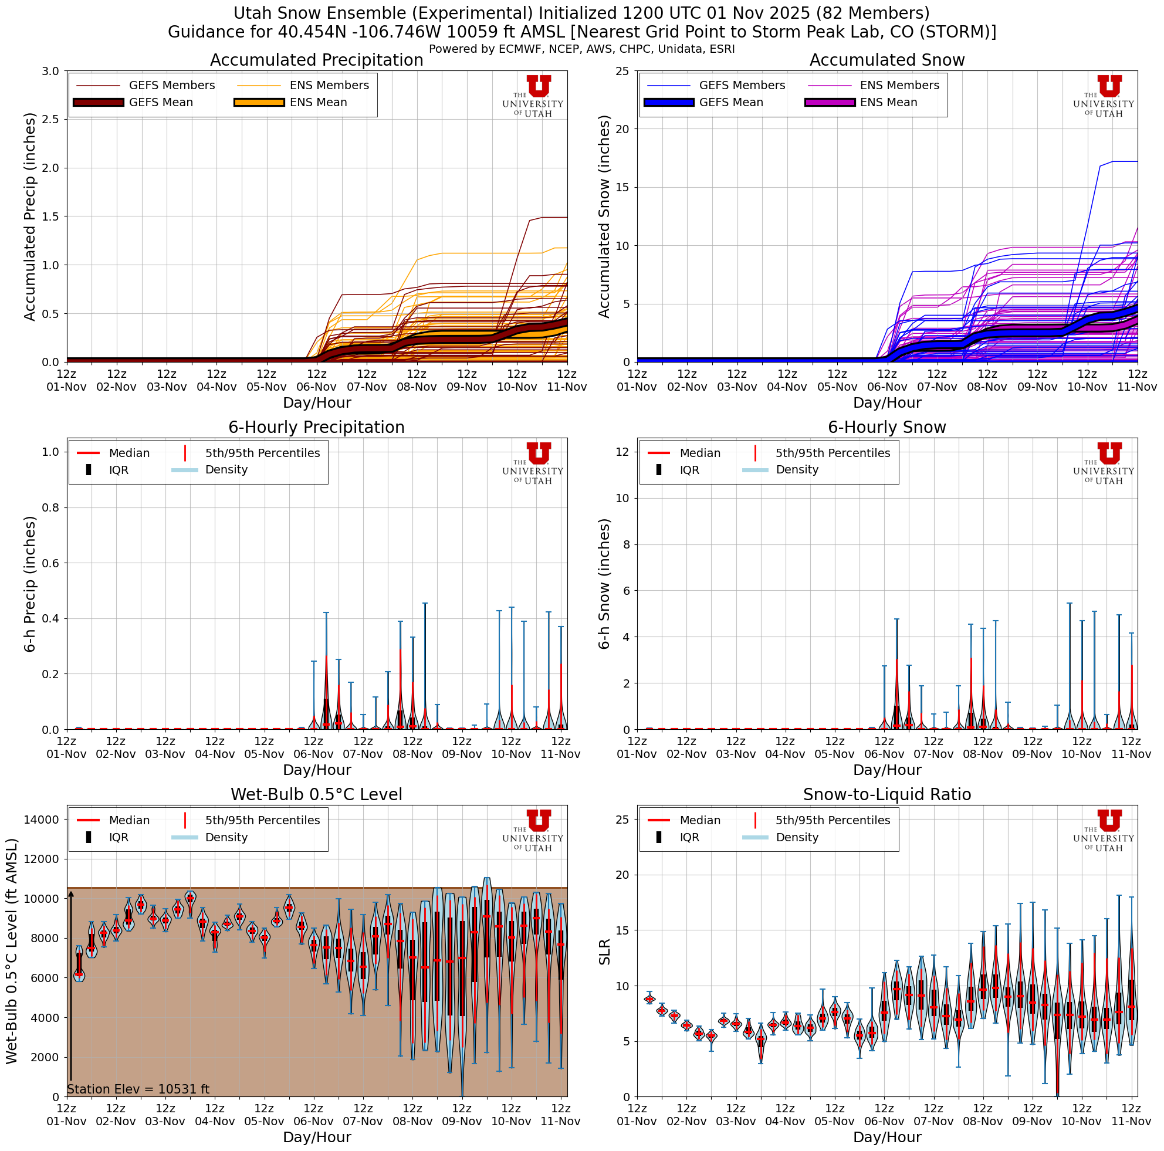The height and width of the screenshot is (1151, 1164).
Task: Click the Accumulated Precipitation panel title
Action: click(316, 60)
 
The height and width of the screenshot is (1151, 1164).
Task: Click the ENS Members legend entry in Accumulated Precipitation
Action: click(329, 86)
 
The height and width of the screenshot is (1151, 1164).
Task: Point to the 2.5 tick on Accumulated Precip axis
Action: click(51, 119)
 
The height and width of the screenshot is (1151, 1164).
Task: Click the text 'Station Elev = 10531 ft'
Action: click(138, 1089)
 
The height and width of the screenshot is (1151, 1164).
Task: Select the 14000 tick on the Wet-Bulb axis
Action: click(41, 820)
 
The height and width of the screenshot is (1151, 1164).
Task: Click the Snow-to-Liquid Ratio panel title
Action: click(887, 795)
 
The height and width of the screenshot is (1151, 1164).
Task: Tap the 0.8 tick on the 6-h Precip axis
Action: click(51, 507)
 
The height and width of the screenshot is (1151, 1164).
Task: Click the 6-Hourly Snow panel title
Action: click(887, 428)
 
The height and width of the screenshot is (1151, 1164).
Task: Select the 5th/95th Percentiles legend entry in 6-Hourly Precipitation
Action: click(262, 453)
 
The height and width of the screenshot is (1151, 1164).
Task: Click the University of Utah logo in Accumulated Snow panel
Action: click(1103, 96)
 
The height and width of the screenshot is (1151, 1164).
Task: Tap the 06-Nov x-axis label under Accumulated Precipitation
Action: click(316, 387)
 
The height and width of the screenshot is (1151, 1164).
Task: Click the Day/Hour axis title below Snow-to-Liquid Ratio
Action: click(887, 1137)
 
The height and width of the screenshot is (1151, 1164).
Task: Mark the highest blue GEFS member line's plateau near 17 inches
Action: click(1124, 161)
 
